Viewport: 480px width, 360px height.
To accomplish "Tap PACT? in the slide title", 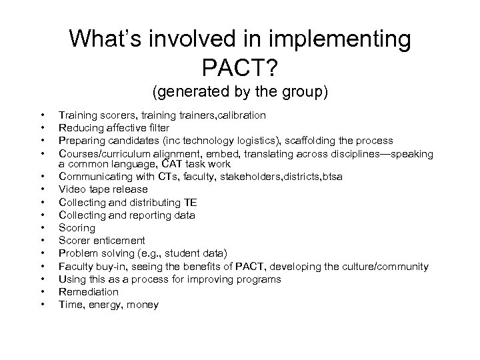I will point(240,67).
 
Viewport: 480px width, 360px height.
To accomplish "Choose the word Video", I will point(72,190).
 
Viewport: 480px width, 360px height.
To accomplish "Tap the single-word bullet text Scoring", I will point(77,228).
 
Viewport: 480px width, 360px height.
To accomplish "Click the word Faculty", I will point(76,266).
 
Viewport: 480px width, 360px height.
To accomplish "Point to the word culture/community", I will point(379,266).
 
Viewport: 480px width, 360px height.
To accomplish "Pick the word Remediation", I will point(89,292).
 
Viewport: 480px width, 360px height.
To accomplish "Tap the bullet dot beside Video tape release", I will point(43,189).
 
